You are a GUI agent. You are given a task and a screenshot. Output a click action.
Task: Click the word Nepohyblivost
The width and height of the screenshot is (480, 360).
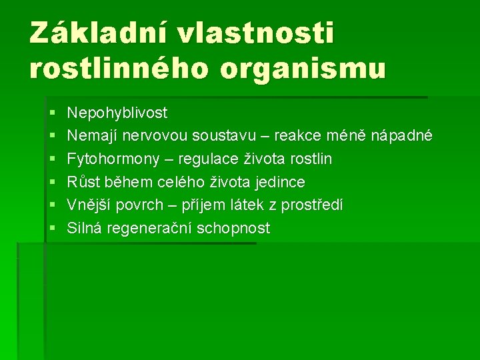(x=117, y=113)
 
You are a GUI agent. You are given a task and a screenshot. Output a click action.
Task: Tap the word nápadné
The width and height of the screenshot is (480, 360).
(x=403, y=136)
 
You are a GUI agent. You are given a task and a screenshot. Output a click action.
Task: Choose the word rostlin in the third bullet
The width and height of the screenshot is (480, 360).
(x=311, y=159)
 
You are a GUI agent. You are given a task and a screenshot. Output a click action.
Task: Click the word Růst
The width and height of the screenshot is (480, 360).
(x=82, y=182)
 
